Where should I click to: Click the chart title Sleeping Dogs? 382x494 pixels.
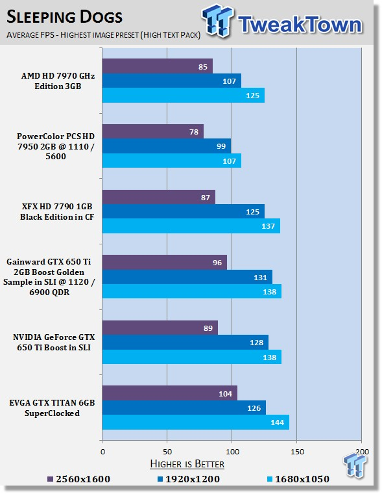click(64, 17)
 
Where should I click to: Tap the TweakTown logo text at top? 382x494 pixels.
click(300, 24)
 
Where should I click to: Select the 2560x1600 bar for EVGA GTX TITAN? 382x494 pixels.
click(170, 393)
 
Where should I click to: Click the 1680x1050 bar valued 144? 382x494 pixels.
click(196, 422)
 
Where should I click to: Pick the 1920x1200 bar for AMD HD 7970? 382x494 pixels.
click(172, 81)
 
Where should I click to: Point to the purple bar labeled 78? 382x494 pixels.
click(153, 131)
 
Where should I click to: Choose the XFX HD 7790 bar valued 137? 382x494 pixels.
click(191, 226)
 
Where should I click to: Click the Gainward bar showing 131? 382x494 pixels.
click(187, 277)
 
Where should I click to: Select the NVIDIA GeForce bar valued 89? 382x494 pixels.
click(160, 328)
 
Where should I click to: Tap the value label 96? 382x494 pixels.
click(217, 263)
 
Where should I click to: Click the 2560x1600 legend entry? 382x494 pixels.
click(79, 479)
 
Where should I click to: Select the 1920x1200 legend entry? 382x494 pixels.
click(189, 479)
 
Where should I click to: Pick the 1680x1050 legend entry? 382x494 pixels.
click(298, 479)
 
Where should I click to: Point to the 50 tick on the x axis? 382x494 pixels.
click(167, 452)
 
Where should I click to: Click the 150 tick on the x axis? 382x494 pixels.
click(297, 452)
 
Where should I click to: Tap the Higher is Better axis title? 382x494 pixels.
click(187, 463)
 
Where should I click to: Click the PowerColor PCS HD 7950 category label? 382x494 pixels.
click(56, 146)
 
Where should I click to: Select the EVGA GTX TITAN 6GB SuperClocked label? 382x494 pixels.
click(52, 408)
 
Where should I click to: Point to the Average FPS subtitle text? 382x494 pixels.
click(103, 34)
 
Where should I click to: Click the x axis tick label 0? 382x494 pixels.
click(102, 452)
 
